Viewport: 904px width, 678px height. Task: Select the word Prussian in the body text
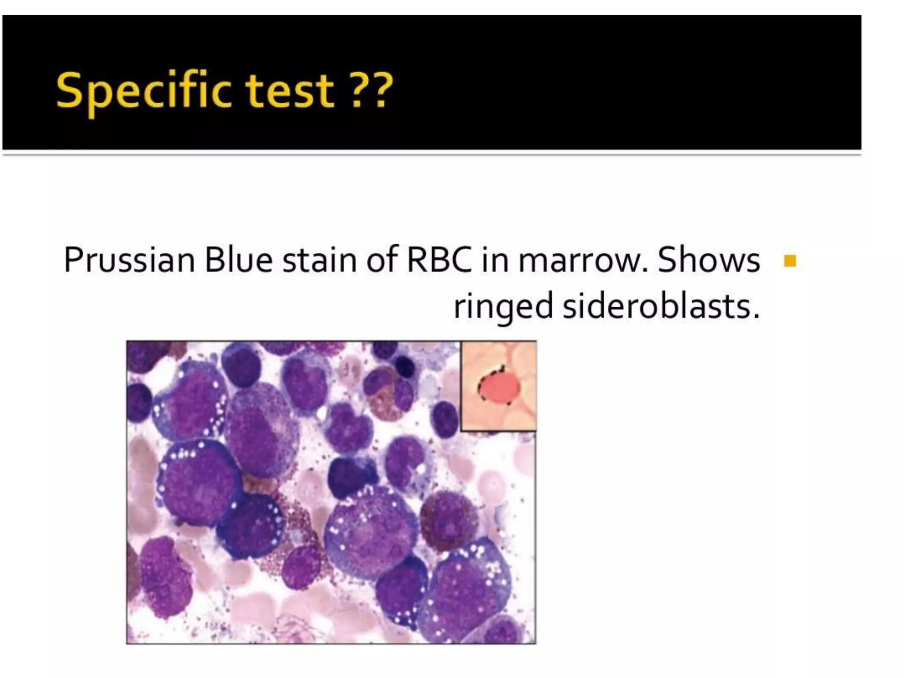click(129, 260)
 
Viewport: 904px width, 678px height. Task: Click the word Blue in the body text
click(238, 260)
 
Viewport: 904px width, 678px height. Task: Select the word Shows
click(709, 260)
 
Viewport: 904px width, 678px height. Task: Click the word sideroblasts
click(658, 306)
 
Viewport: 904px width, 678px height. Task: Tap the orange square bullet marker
click(790, 261)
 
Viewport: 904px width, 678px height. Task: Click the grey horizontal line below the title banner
click(432, 153)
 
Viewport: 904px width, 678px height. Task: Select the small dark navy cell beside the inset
click(404, 367)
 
